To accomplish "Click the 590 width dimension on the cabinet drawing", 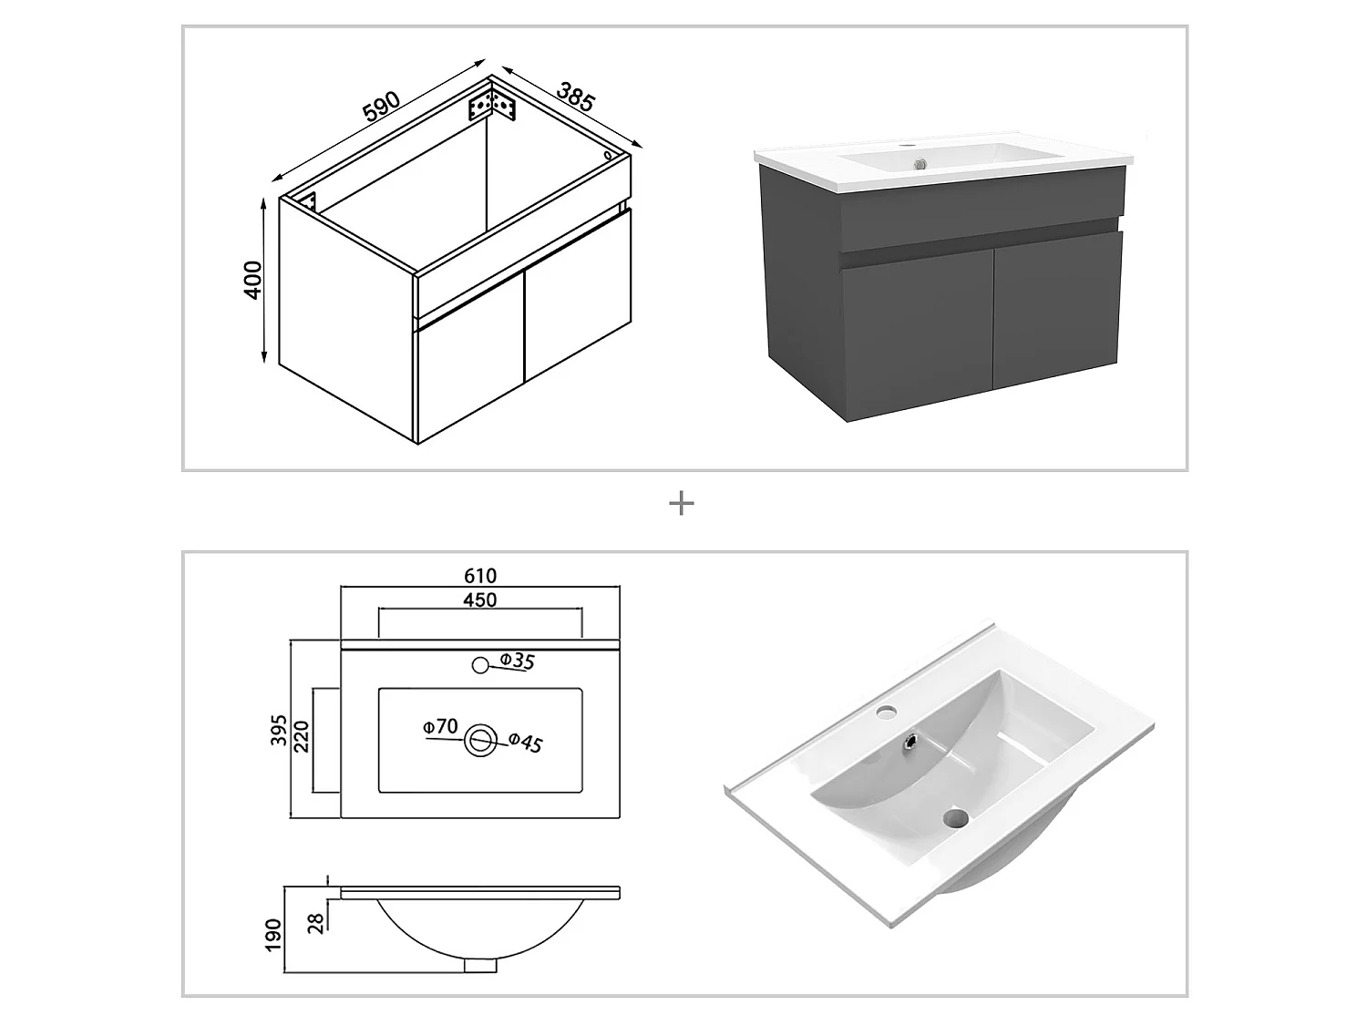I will tap(382, 107).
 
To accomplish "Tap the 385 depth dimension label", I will tap(575, 97).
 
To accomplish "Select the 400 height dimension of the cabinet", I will tap(252, 280).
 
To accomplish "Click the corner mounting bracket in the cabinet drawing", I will tap(492, 105).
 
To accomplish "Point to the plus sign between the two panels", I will tap(682, 504).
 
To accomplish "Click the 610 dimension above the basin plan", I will tap(480, 576).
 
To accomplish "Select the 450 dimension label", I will tap(479, 600).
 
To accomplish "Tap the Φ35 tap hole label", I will tap(517, 661).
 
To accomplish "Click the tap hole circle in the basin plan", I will tap(480, 665).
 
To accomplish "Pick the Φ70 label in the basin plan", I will tap(439, 726).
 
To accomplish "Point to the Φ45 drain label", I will tap(525, 743).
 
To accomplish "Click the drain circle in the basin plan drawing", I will tap(480, 741).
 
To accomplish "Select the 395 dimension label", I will tap(280, 729).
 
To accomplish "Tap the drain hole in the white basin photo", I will tap(954, 817).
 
